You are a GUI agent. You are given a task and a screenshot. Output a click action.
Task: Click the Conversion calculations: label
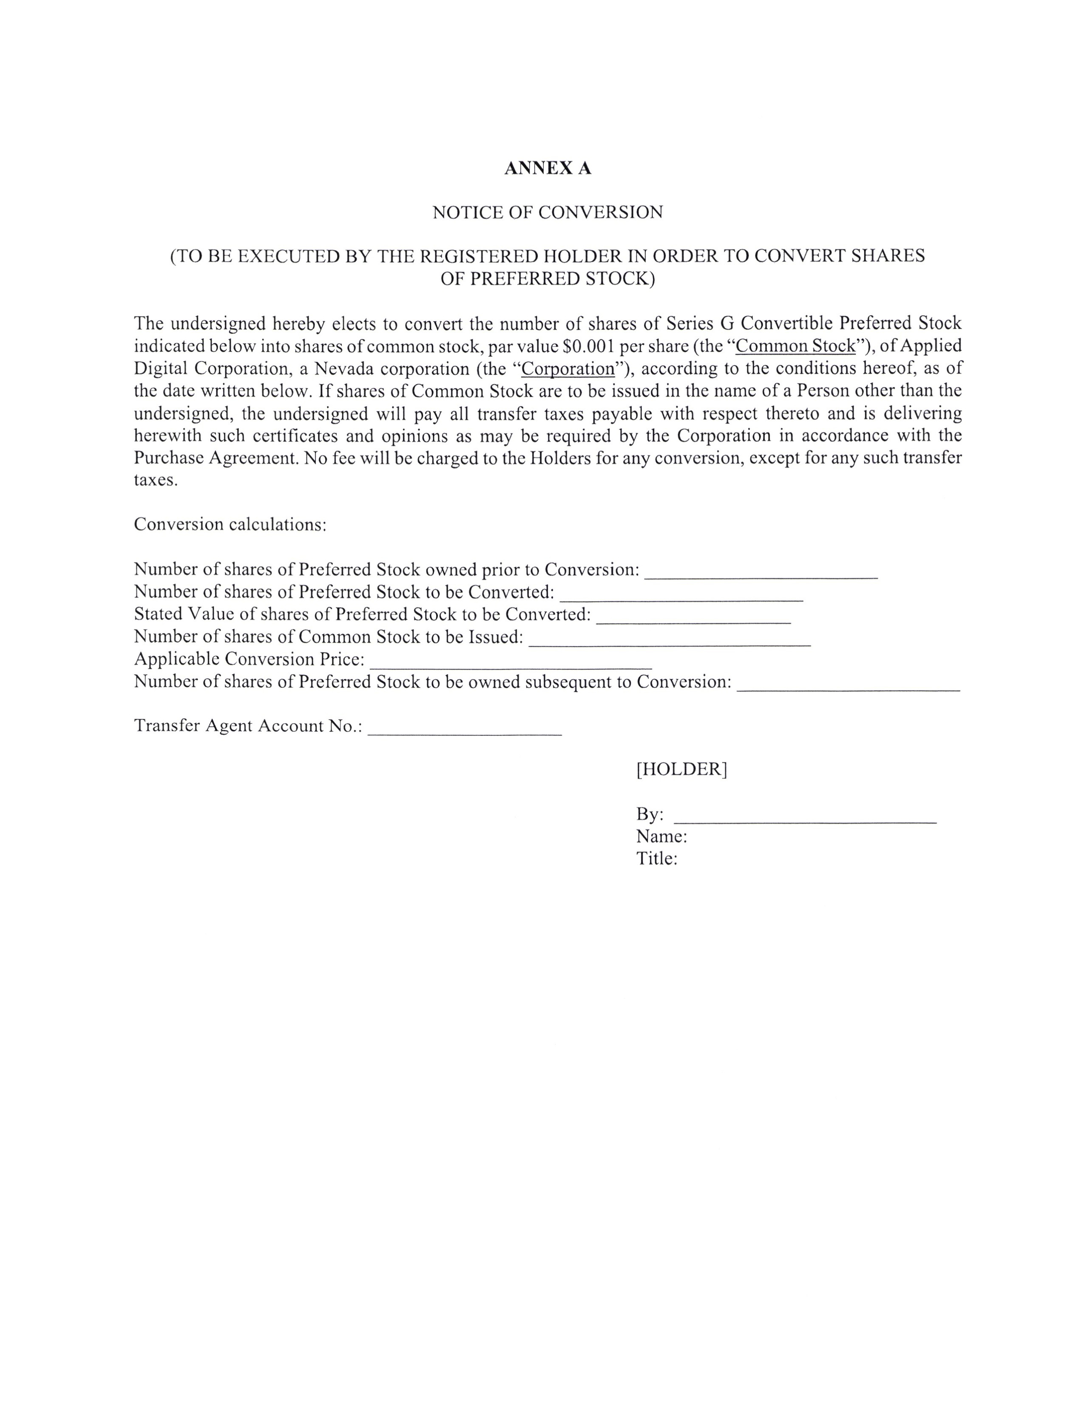click(230, 524)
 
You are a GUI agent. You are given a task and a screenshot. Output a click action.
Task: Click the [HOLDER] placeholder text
click(681, 769)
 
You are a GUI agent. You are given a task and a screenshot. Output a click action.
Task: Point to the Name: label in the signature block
click(661, 837)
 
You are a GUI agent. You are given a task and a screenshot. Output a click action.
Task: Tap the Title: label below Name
click(656, 859)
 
